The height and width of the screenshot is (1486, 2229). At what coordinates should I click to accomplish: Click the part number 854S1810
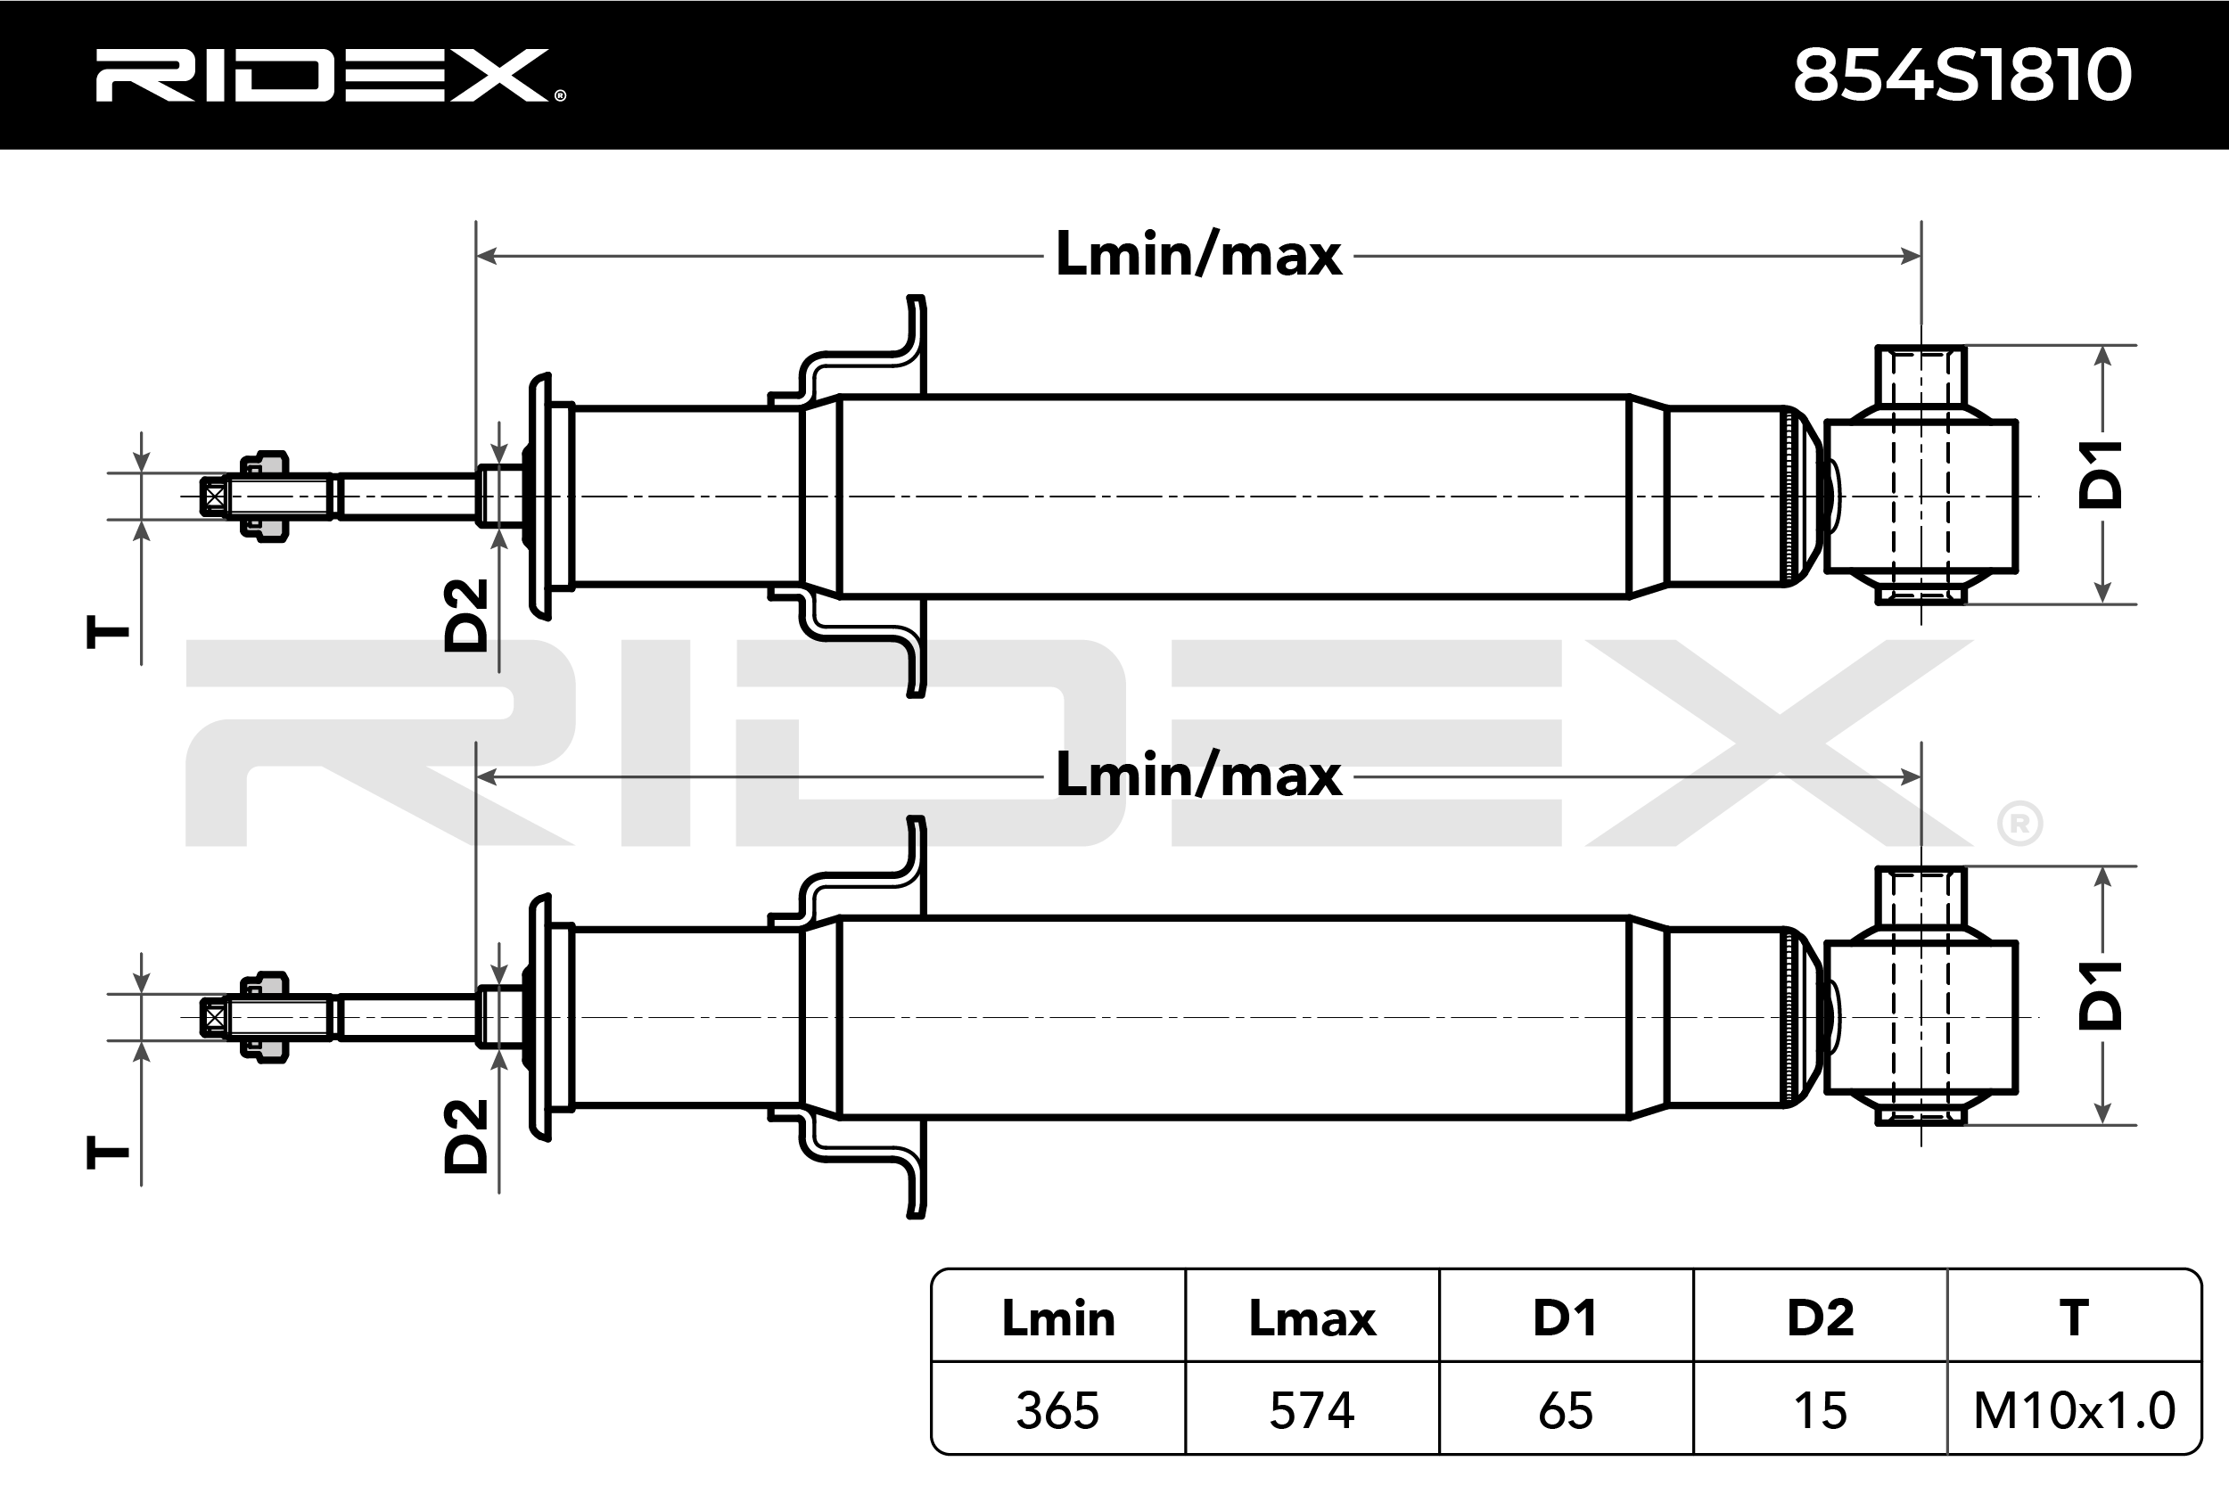[1962, 76]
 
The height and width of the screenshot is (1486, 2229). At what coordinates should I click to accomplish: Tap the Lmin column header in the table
[1057, 1318]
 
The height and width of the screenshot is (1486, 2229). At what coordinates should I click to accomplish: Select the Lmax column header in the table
[1312, 1318]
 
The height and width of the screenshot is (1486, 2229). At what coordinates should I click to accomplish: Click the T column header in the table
[2074, 1318]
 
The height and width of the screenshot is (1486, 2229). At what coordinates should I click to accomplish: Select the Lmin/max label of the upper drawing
[1199, 255]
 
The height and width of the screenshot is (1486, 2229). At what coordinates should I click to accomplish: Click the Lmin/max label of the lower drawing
[1199, 776]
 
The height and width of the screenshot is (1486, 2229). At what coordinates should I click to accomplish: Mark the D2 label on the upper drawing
[466, 615]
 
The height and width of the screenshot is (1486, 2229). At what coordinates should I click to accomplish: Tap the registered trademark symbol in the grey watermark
[2019, 825]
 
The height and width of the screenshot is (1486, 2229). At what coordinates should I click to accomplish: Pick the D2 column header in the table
[1820, 1318]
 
